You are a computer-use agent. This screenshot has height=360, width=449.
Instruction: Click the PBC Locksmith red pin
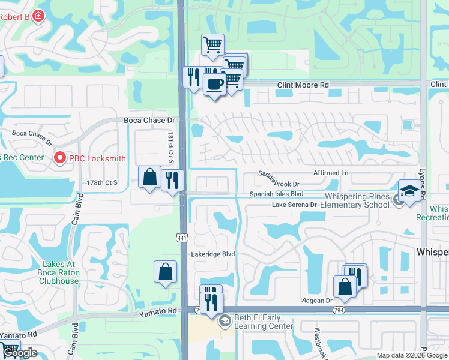pyautogui.click(x=59, y=158)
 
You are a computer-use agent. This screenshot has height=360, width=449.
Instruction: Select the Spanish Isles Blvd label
pyautogui.click(x=277, y=194)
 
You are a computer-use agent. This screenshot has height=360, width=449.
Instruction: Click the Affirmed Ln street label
pyautogui.click(x=328, y=173)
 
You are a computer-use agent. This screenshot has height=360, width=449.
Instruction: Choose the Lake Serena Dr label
pyautogui.click(x=294, y=205)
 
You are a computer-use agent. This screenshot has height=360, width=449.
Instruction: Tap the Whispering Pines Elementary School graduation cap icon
pyautogui.click(x=409, y=191)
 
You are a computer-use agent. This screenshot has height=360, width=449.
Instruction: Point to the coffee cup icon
pyautogui.click(x=214, y=83)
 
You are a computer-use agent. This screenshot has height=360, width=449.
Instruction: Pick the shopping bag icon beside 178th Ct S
pyautogui.click(x=149, y=177)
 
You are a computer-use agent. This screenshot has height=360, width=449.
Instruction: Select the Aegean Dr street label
pyautogui.click(x=318, y=300)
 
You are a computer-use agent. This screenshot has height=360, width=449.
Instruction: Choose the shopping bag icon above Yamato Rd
pyautogui.click(x=166, y=272)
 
